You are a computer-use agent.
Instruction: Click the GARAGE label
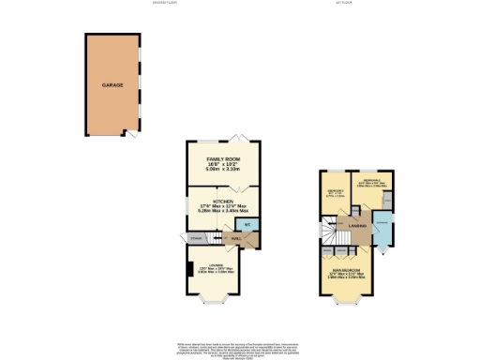point(112,84)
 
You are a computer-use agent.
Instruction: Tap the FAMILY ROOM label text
point(223,160)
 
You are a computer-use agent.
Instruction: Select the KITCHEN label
point(223,201)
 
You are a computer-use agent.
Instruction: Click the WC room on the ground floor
point(246,225)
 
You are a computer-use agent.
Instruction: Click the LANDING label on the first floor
point(356,227)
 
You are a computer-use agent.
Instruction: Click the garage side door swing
point(133,137)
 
